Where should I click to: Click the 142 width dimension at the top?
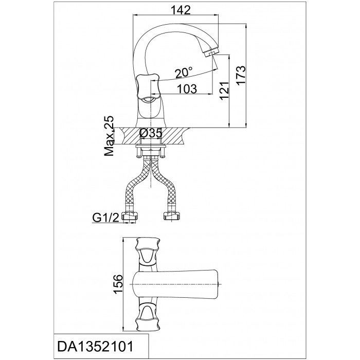pos(181,10)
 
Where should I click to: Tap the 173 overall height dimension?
pos(241,76)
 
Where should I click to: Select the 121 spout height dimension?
pos(224,91)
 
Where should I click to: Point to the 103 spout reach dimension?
pos(187,89)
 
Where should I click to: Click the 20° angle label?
pos(184,73)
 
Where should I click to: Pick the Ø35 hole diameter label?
pos(151,133)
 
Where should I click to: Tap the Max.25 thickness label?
pos(109,136)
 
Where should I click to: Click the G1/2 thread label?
pos(106,218)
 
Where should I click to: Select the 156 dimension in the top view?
pos(119,284)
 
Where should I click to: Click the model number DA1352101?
pos(95,346)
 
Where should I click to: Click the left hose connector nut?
pos(131,217)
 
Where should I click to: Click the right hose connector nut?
pos(171,217)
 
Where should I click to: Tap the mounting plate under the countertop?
pos(151,146)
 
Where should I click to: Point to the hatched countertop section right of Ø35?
pos(175,136)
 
